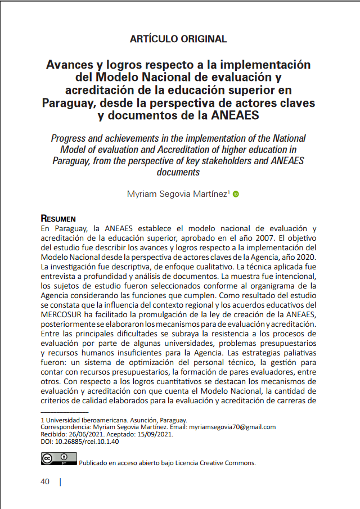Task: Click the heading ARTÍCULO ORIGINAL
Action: point(178,39)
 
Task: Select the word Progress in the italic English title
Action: point(71,138)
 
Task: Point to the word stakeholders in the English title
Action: point(227,160)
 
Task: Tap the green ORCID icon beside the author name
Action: point(236,195)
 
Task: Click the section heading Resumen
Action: point(58,218)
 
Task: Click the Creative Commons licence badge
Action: point(58,459)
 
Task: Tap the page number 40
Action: point(45,481)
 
